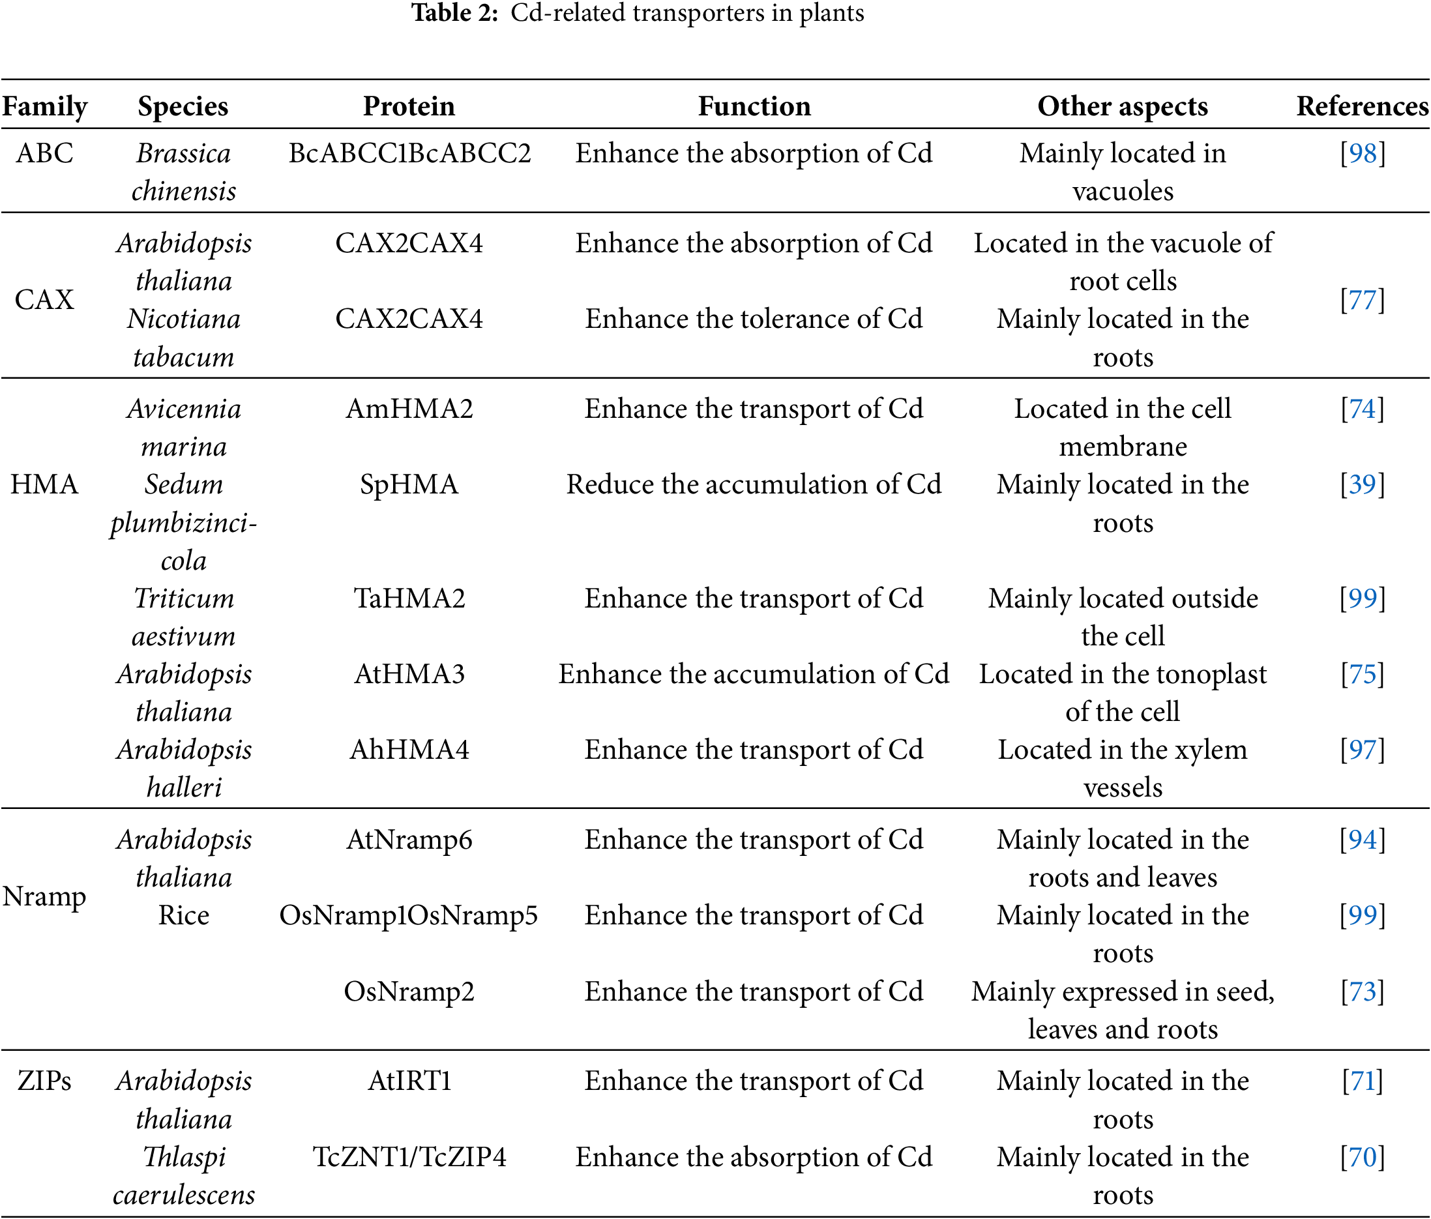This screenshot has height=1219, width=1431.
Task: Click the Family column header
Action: [x=45, y=106]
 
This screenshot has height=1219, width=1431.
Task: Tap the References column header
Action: [x=1362, y=106]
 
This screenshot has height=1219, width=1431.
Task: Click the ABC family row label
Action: [x=44, y=153]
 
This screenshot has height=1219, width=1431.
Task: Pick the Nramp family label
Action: [x=44, y=896]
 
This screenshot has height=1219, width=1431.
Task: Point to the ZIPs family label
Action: [x=44, y=1081]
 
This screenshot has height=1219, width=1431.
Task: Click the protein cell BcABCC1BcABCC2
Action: [x=409, y=153]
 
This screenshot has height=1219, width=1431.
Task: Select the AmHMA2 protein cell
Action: [x=409, y=409]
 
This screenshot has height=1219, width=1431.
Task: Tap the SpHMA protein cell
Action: [x=409, y=484]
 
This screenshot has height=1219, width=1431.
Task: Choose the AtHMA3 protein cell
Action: [x=409, y=674]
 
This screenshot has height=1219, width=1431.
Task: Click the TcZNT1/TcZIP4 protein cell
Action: [x=409, y=1157]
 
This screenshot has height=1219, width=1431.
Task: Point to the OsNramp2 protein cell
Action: [x=409, y=991]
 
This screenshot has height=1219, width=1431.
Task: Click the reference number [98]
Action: [x=1363, y=153]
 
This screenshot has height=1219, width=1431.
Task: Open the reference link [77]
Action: [x=1363, y=301]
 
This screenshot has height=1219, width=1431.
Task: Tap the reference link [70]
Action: [x=1363, y=1157]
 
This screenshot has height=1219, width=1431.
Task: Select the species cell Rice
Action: [x=184, y=916]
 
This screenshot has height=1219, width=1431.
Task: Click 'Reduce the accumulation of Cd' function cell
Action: [x=754, y=484]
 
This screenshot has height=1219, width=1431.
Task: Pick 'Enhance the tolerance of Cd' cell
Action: [x=754, y=319]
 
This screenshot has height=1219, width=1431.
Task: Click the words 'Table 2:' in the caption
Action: [x=455, y=13]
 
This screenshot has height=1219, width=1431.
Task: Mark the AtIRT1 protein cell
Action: [x=409, y=1081]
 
